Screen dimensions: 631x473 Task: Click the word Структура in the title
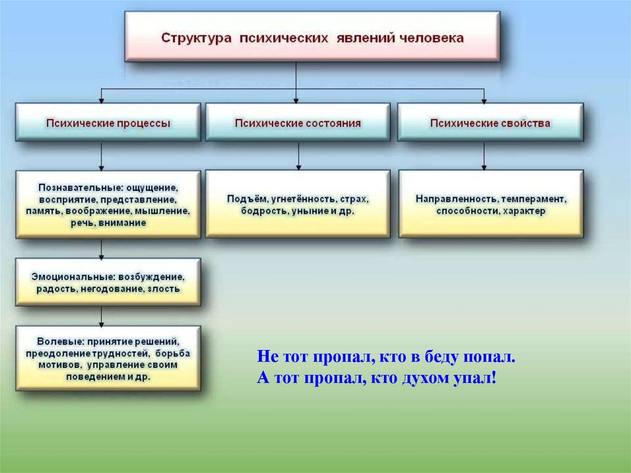point(197,38)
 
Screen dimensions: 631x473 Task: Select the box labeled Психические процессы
point(108,122)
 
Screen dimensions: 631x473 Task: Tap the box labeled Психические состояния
point(298,122)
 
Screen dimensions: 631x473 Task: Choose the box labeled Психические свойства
point(490,122)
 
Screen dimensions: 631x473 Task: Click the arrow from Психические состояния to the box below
point(298,155)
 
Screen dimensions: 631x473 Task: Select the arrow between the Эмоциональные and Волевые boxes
point(101,317)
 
